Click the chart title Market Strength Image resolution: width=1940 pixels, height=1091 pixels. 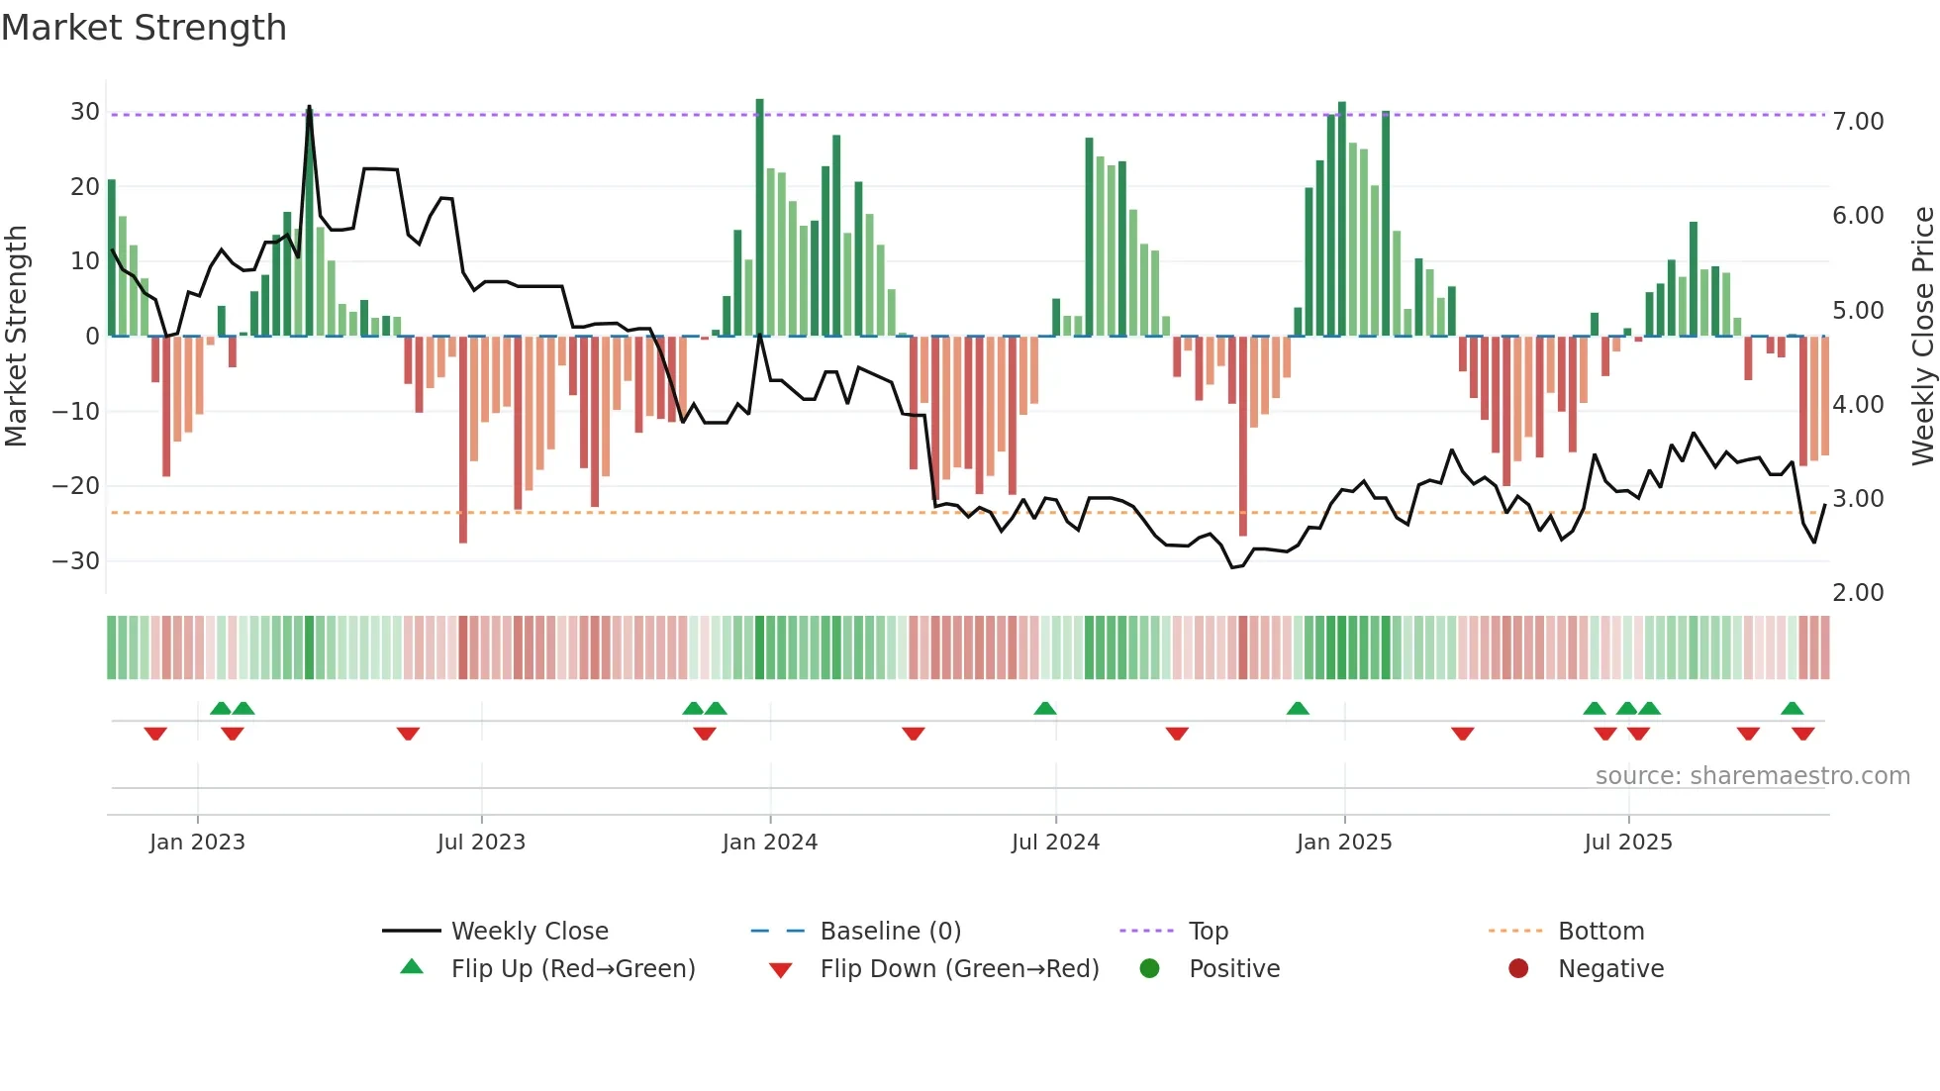pos(144,28)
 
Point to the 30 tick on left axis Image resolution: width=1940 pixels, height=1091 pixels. pos(85,112)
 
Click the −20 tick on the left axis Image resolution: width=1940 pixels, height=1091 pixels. pos(75,486)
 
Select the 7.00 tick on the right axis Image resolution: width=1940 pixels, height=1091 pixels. pos(1858,122)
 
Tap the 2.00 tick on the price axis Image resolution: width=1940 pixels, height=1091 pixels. pos(1858,593)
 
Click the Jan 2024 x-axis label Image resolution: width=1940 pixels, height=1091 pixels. pos(769,843)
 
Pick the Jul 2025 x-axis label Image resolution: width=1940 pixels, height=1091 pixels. pos(1627,843)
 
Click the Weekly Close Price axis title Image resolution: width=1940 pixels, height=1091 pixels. pos(1922,337)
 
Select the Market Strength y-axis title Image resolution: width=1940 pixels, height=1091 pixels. pos(16,337)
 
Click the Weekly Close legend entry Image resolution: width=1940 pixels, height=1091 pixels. pos(529,932)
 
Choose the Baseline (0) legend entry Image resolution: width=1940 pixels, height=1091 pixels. pos(890,932)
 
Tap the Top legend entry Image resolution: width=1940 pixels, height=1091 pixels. pos(1208,932)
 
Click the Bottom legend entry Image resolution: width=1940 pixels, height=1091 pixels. pos(1600,932)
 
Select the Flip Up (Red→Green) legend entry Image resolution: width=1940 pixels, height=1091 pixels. pos(572,969)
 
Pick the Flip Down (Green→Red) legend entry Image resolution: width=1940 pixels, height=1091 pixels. pos(959,969)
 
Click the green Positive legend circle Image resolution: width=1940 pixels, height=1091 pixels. pos(1149,969)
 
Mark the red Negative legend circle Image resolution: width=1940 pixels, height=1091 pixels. pos(1518,969)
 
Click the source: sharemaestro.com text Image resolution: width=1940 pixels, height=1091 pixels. pos(1752,776)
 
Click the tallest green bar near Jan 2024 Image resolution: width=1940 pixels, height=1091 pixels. pos(759,218)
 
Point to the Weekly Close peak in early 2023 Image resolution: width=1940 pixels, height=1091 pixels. pos(309,107)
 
